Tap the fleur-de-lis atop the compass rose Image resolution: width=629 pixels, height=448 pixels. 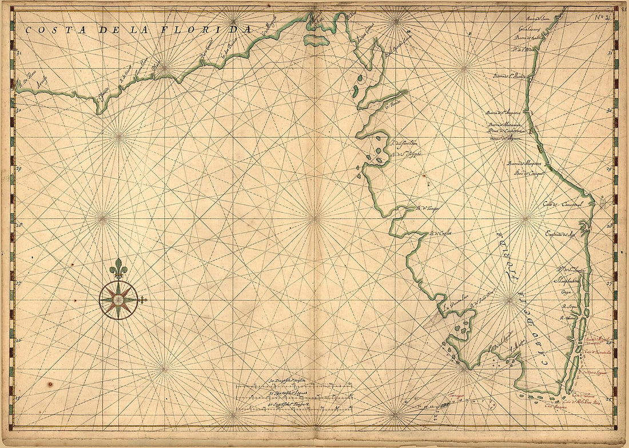(118, 268)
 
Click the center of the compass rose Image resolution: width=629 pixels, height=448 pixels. (118, 299)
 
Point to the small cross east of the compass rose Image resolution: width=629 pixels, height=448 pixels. (143, 299)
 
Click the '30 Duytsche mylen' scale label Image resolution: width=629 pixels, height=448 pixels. (289, 381)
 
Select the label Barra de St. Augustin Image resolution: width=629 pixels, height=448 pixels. (503, 113)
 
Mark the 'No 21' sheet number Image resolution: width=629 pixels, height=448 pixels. (598, 15)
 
